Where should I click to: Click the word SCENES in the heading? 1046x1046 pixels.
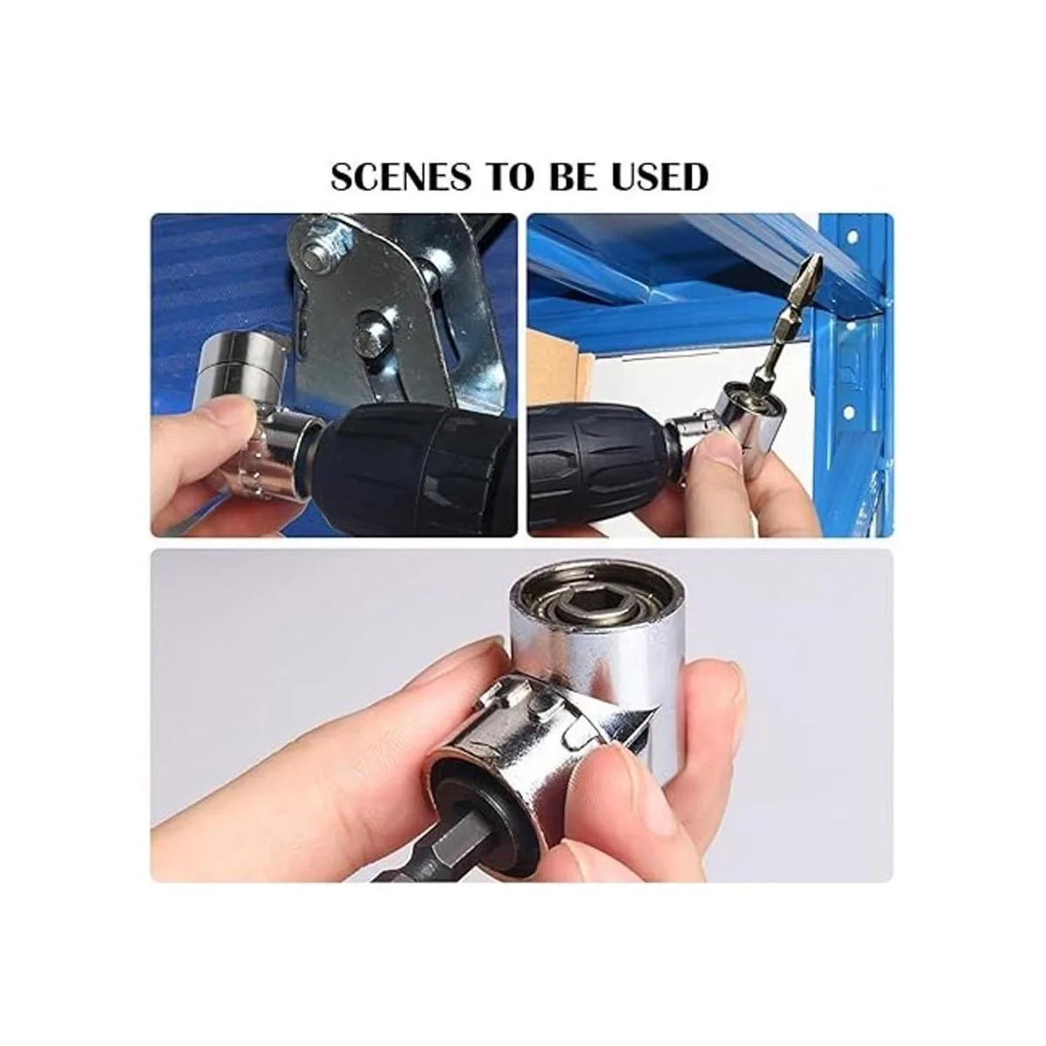coord(401,177)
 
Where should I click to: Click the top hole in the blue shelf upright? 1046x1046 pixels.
coord(852,238)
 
